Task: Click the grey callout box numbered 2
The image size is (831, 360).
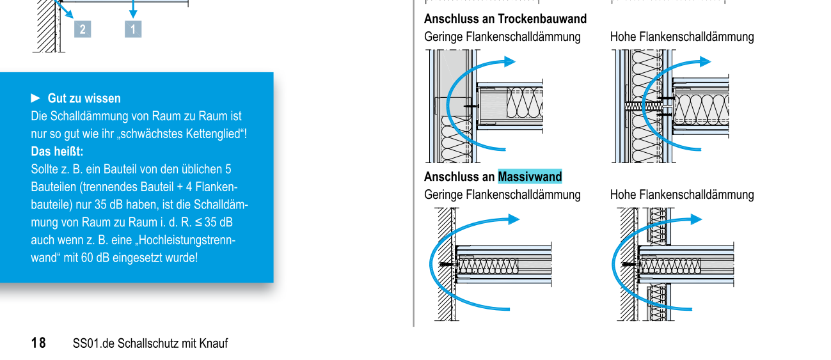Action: coord(83,29)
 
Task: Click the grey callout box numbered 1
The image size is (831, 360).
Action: coord(133,29)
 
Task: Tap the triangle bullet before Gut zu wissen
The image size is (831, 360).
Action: coord(35,98)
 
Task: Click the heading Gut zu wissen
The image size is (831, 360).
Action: coord(84,98)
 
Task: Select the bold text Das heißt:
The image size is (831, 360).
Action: coord(57,152)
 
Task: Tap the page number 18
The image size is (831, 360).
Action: coord(38,343)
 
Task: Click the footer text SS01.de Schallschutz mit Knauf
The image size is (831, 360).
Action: coord(150,343)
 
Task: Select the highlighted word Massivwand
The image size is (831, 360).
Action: coord(530,176)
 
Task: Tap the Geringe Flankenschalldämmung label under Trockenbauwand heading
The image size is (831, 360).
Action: coord(502,37)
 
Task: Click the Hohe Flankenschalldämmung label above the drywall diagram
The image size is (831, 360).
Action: coord(682,37)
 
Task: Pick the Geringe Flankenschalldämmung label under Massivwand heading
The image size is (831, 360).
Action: coord(502,194)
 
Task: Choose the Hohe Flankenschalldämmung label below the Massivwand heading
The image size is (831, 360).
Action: coord(682,194)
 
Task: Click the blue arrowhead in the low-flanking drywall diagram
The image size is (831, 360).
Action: coord(509,61)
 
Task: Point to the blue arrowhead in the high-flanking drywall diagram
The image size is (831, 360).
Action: coord(704,61)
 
